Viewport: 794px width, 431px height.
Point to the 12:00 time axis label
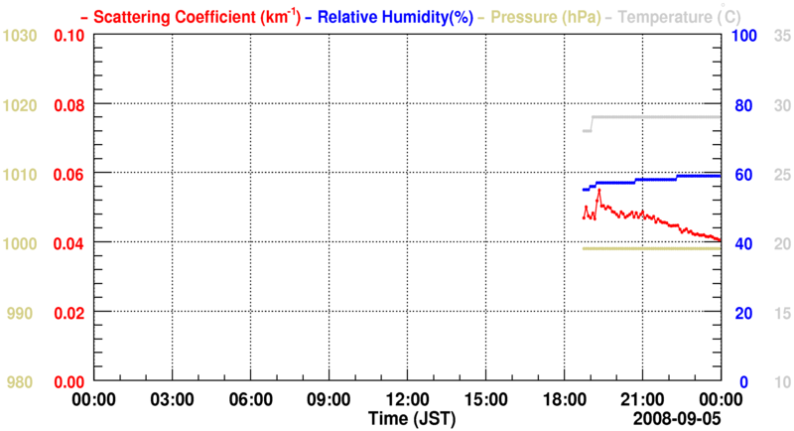[x=406, y=398]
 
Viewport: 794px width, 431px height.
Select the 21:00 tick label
[x=641, y=398]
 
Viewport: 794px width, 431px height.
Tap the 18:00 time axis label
[x=563, y=398]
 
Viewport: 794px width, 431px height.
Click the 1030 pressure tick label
[x=21, y=36]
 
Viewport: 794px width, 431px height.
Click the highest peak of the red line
[x=598, y=190]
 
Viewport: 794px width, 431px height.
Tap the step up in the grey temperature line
[x=592, y=123]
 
